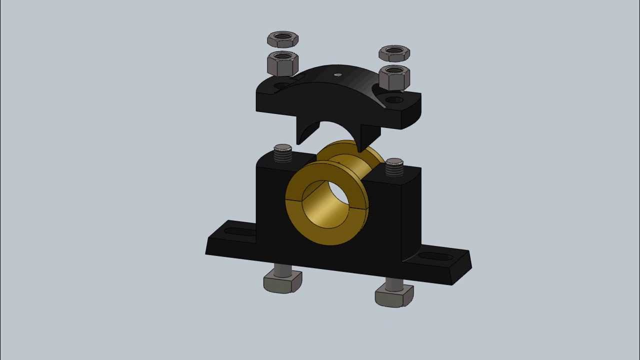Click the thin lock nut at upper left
click(283, 39)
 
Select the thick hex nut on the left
click(282, 63)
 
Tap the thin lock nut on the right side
click(394, 53)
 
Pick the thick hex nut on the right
click(394, 77)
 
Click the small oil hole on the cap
click(338, 75)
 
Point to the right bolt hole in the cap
click(394, 100)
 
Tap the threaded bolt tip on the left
click(283, 153)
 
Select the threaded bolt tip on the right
click(394, 167)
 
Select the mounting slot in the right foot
click(435, 256)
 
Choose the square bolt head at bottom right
click(394, 296)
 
